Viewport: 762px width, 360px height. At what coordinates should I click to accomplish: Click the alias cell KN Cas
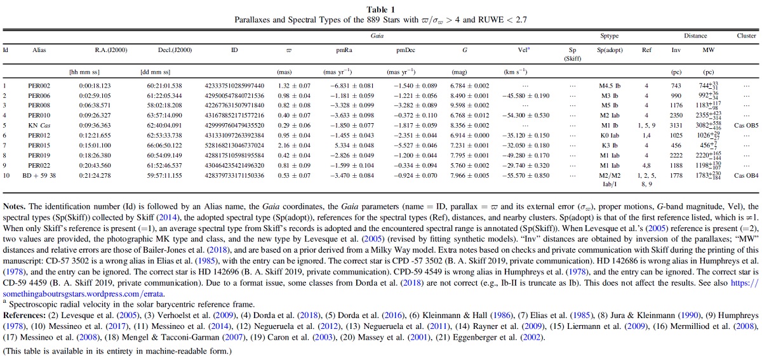pos(39,126)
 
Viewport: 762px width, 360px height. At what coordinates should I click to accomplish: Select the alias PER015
pos(39,145)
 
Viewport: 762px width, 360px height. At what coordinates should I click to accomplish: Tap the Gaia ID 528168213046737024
pos(234,145)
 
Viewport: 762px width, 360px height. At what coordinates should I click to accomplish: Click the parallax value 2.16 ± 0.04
pos(294,145)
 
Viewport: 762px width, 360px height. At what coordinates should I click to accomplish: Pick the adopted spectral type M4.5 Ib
pos(610,86)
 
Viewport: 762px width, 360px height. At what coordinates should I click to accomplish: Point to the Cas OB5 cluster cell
pos(746,126)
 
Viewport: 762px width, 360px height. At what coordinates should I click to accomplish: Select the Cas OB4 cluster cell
pos(746,176)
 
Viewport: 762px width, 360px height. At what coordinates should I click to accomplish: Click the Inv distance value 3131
pos(676,126)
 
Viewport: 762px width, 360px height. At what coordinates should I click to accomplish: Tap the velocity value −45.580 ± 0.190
pos(526,96)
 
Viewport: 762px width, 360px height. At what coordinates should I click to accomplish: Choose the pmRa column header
pos(344,50)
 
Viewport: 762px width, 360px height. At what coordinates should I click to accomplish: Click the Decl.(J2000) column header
pos(175,50)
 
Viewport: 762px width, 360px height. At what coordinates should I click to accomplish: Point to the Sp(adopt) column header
pos(610,50)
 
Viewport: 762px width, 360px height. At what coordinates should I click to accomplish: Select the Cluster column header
pos(746,36)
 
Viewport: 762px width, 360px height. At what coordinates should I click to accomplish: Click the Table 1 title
pos(380,10)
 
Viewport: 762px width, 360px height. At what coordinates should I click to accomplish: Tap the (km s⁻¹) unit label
pos(516,72)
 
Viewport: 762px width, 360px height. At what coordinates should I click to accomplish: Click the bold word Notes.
pos(14,206)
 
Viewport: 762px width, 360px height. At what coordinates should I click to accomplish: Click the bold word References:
pos(24,316)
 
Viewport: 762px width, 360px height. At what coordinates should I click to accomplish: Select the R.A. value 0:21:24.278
pos(95,176)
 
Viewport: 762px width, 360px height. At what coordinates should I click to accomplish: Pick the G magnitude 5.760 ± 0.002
pos(469,166)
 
